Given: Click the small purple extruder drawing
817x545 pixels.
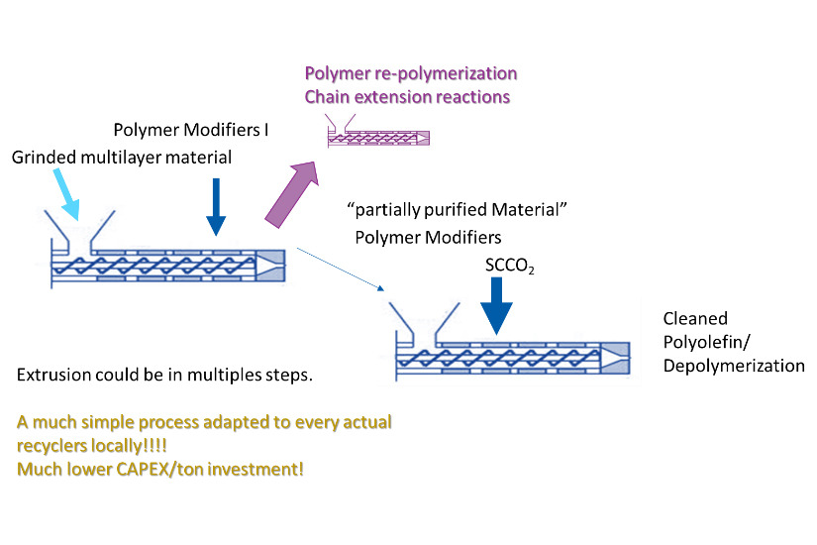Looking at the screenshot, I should [x=380, y=139].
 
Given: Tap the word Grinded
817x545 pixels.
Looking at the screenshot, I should [x=45, y=158].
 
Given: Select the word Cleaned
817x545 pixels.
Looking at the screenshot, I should [x=695, y=319].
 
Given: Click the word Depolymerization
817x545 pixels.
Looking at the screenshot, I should [x=734, y=366].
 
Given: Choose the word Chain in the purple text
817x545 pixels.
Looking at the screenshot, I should [x=328, y=97].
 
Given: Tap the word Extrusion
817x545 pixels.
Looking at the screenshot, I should [x=53, y=377].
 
